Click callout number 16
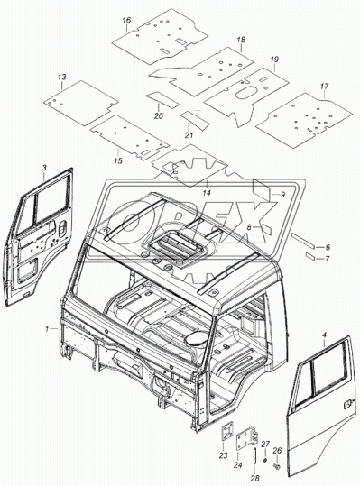[126, 20]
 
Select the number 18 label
[241, 40]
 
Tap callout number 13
[62, 77]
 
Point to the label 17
[324, 87]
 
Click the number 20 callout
[159, 116]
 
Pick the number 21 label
[189, 135]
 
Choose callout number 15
[118, 160]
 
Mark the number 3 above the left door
[44, 168]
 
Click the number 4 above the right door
[324, 335]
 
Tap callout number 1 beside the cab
[47, 329]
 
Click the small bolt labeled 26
[277, 465]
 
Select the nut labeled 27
[265, 459]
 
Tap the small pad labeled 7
[310, 256]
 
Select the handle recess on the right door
[346, 405]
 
